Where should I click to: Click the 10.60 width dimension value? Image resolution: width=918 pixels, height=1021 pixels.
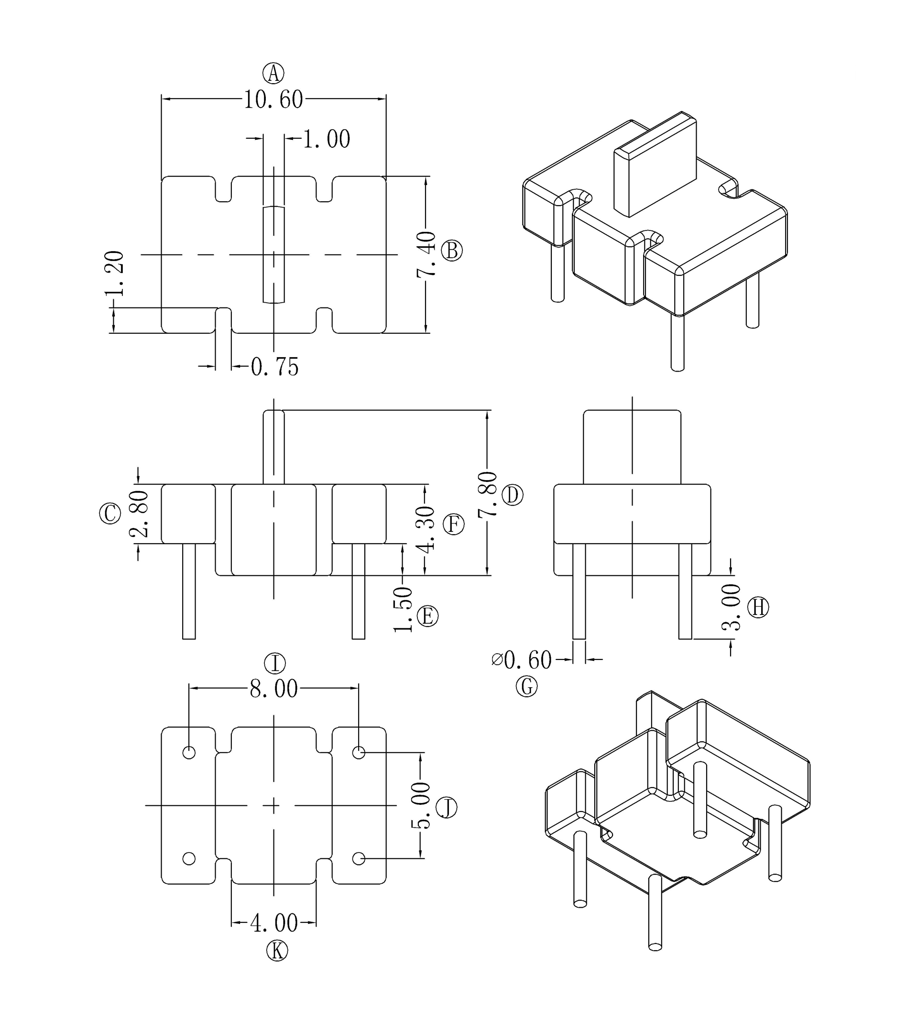[273, 100]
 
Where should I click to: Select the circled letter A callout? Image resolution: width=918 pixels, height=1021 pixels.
[273, 74]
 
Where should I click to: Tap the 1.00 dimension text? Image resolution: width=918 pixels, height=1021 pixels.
[327, 139]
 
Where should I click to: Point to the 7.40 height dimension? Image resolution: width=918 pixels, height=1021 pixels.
[426, 254]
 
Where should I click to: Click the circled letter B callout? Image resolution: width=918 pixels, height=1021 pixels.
[452, 251]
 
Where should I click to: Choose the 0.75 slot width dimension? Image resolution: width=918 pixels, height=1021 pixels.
[275, 367]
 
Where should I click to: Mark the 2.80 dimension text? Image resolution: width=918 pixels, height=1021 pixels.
[139, 514]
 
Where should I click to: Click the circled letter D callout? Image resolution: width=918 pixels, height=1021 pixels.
[513, 495]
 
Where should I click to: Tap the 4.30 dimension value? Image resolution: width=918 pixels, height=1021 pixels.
[426, 529]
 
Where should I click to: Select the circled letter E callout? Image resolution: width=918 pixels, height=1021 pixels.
[428, 616]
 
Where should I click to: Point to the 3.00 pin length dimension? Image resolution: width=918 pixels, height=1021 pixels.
[731, 607]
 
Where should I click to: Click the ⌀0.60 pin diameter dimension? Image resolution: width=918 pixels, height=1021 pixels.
[522, 660]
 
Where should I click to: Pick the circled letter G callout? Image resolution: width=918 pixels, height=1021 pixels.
[526, 687]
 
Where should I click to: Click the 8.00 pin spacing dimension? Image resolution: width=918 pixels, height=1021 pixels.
[274, 689]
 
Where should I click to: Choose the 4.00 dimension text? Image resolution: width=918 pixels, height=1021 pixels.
[274, 923]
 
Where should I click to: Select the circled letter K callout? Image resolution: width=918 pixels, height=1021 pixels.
[277, 951]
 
